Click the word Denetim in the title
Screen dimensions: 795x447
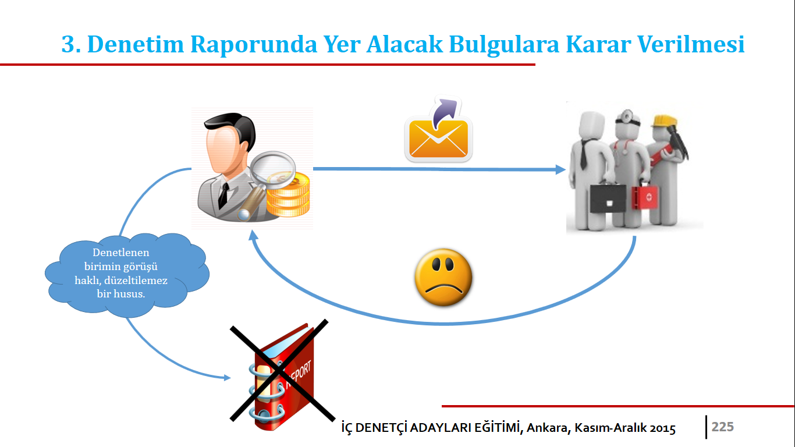point(135,44)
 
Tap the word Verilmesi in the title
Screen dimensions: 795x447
point(691,44)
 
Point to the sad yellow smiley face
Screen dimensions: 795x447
point(443,277)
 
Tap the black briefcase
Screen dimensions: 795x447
point(608,198)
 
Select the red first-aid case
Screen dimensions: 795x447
point(644,196)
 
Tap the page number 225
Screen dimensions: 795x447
point(723,427)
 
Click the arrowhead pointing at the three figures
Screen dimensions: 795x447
point(560,169)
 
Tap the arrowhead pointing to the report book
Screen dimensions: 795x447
point(227,377)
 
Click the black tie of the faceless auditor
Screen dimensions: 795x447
point(223,195)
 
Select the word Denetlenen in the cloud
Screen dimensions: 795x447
point(121,253)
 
